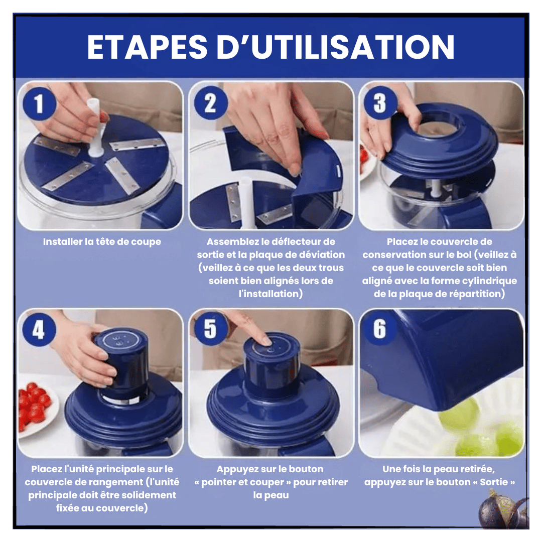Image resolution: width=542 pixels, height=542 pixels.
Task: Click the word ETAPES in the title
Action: pyautogui.click(x=147, y=47)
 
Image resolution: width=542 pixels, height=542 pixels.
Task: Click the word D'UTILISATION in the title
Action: pyautogui.click(x=335, y=47)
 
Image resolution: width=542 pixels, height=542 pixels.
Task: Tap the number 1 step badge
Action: pyautogui.click(x=40, y=104)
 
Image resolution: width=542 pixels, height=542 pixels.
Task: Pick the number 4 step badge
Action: pyautogui.click(x=39, y=329)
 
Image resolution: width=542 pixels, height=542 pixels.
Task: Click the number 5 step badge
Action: pyautogui.click(x=210, y=329)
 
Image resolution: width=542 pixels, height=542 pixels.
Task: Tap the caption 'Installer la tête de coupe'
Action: pyautogui.click(x=102, y=241)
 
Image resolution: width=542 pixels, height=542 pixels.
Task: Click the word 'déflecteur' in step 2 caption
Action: pyautogui.click(x=294, y=241)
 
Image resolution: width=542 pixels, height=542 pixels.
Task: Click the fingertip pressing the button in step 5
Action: pyautogui.click(x=265, y=340)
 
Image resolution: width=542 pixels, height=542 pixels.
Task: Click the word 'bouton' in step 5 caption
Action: pyautogui.click(x=306, y=469)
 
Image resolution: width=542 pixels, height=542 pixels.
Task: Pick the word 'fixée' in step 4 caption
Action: pyautogui.click(x=68, y=508)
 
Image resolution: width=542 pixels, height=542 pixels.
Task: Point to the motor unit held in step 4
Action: pyautogui.click(x=121, y=363)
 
